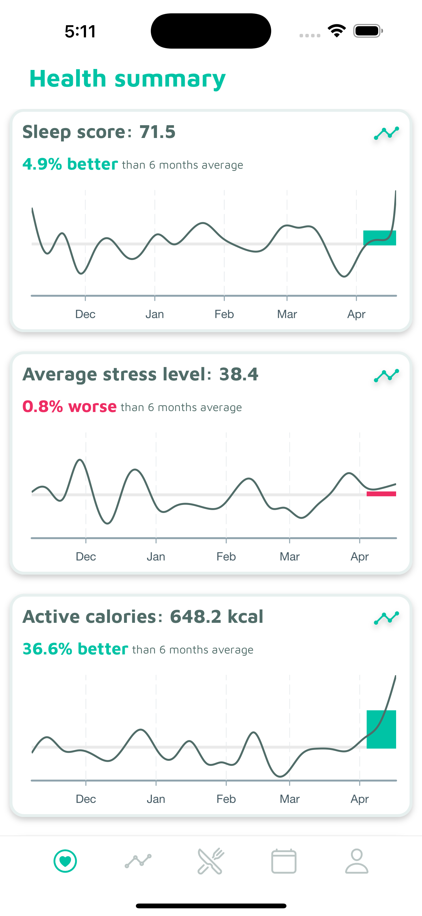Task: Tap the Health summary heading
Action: pos(127,79)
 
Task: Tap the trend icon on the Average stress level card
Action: pos(386,376)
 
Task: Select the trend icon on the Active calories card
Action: pos(386,618)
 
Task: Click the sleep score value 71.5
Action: pos(157,132)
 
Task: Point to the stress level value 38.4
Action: pos(239,374)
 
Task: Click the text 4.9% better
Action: pos(70,164)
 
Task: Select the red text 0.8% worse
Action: pos(69,407)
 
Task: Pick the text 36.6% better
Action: pos(75,649)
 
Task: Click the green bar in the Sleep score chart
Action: pos(379,238)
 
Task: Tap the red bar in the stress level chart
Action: pos(381,493)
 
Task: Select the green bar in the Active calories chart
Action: pos(381,729)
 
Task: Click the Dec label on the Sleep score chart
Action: pos(85,314)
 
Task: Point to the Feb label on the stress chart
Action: pos(226,556)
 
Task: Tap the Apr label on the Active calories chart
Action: pos(359,799)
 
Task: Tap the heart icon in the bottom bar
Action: pos(65,861)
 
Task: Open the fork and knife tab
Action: pos(211,861)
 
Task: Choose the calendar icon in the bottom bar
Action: pos(284,861)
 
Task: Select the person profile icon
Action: pos(356,861)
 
